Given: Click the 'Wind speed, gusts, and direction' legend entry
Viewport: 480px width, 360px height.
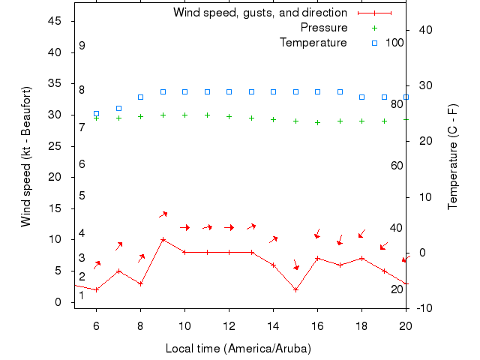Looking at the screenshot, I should point(259,13).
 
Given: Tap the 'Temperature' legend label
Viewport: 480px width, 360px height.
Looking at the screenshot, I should point(313,43).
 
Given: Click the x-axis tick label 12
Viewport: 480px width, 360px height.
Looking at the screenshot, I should point(229,325).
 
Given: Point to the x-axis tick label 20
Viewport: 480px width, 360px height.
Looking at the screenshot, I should point(406,325).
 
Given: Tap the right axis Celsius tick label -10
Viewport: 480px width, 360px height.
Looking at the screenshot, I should point(421,308).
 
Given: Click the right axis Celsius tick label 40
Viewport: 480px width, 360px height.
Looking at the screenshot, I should point(421,30).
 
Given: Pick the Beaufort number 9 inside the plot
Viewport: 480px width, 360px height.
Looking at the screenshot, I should point(82,46).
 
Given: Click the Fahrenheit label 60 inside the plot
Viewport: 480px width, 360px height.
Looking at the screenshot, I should point(397,165).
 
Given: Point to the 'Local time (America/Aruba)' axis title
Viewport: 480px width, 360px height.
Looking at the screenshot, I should point(238,349).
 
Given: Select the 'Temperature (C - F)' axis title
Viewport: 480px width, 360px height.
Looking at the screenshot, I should point(453,156).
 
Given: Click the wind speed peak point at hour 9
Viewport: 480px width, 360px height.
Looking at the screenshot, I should point(163,240).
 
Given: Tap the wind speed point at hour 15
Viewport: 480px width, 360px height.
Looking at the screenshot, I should point(295,289).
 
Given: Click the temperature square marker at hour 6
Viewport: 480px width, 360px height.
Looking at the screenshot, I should point(96,114).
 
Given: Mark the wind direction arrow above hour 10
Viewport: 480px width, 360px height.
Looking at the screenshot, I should point(184,227).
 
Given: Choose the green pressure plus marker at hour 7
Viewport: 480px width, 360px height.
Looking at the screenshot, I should point(118,118).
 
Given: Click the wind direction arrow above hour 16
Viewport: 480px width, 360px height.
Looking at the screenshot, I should point(317,233).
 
